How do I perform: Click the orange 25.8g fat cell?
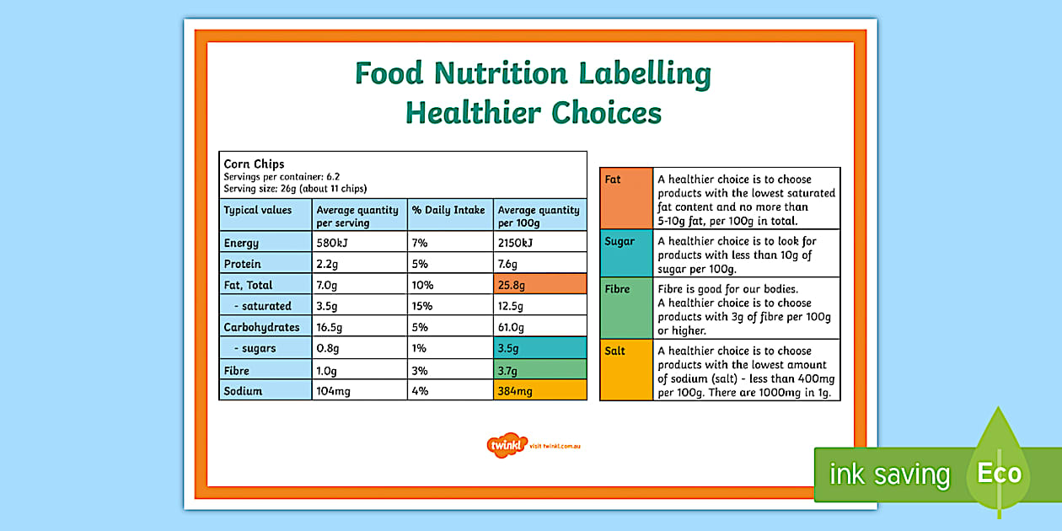pyautogui.click(x=539, y=284)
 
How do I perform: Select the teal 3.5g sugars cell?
pyautogui.click(x=539, y=348)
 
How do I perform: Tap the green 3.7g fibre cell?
pyautogui.click(x=539, y=370)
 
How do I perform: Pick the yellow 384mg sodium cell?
pyautogui.click(x=539, y=391)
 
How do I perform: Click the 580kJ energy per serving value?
pyautogui.click(x=332, y=243)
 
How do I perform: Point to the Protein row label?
pyautogui.click(x=243, y=264)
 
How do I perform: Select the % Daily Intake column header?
pyautogui.click(x=448, y=210)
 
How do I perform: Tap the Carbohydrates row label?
pyautogui.click(x=261, y=327)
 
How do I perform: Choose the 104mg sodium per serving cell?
pyautogui.click(x=334, y=391)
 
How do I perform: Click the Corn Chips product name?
pyautogui.click(x=254, y=164)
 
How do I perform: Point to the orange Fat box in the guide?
pyautogui.click(x=626, y=198)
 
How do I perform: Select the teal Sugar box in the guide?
pyautogui.click(x=626, y=253)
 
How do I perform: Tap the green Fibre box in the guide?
pyautogui.click(x=626, y=308)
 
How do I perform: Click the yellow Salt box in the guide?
pyautogui.click(x=626, y=369)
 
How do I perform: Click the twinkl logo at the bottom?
pyautogui.click(x=507, y=445)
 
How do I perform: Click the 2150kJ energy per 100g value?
pyautogui.click(x=515, y=243)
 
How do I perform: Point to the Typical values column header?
pyautogui.click(x=258, y=210)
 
